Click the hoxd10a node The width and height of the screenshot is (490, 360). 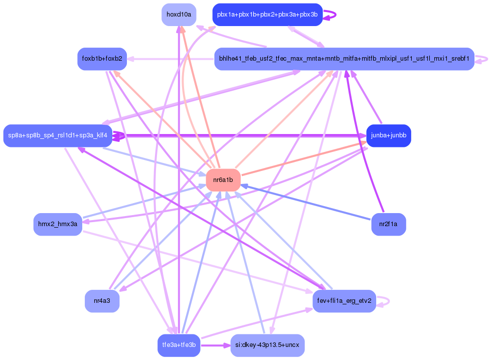click(x=179, y=15)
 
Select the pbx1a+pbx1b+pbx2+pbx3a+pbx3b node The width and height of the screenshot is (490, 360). click(x=267, y=15)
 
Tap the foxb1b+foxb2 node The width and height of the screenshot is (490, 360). click(x=102, y=59)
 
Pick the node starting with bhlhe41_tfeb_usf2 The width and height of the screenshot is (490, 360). click(x=344, y=59)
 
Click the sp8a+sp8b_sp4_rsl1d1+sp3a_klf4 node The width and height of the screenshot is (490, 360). click(x=58, y=135)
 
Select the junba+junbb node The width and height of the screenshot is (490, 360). click(x=389, y=135)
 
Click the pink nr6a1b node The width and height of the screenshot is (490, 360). click(x=223, y=179)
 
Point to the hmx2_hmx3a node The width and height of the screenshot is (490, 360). click(x=58, y=224)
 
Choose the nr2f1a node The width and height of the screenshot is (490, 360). click(x=388, y=224)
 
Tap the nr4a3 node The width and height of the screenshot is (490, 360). click(x=102, y=301)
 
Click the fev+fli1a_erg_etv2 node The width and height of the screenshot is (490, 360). click(x=344, y=301)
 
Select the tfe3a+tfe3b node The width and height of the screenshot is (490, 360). click(x=179, y=345)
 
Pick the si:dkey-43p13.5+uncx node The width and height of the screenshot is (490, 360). click(x=267, y=345)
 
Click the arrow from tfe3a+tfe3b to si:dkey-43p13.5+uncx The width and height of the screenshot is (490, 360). click(x=216, y=345)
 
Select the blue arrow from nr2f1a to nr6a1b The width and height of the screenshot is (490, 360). click(x=306, y=202)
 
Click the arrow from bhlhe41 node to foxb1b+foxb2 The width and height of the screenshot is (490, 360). click(x=171, y=59)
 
